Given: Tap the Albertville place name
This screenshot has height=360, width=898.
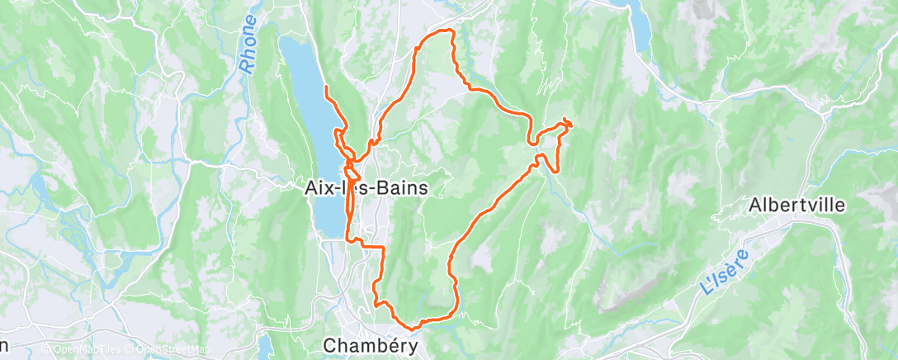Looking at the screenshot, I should click(796, 205).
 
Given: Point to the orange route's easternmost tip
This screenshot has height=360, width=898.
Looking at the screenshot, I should click(570, 123).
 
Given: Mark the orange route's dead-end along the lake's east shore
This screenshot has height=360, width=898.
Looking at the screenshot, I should click(327, 87).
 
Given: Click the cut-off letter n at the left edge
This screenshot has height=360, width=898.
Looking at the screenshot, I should click(4, 344).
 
